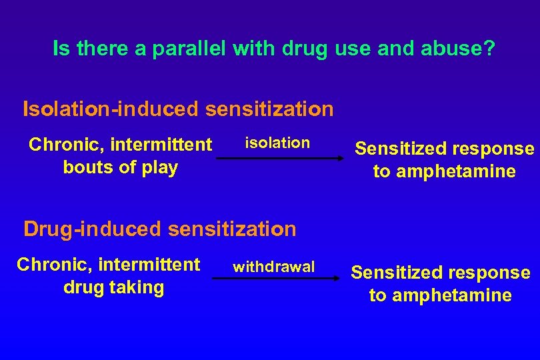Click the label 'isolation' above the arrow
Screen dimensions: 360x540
coord(277,143)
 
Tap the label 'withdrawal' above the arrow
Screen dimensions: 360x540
coord(273,267)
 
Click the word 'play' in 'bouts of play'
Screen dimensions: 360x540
coord(162,167)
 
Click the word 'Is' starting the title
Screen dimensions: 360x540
coord(61,49)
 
